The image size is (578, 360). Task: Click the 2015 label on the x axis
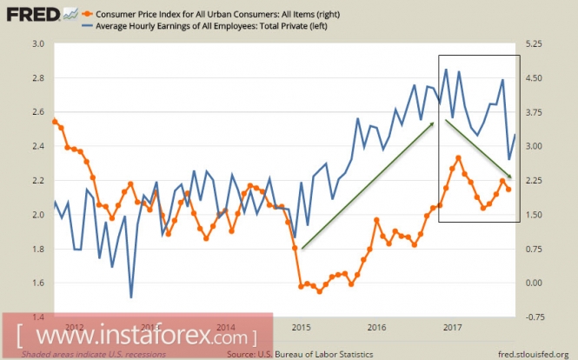(x=301, y=328)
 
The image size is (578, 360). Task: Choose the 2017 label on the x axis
(x=451, y=328)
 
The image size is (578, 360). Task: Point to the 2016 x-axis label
(x=376, y=328)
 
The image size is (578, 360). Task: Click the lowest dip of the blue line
(x=131, y=297)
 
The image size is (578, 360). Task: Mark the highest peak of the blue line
(x=446, y=70)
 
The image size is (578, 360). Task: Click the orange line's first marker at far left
(x=55, y=122)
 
